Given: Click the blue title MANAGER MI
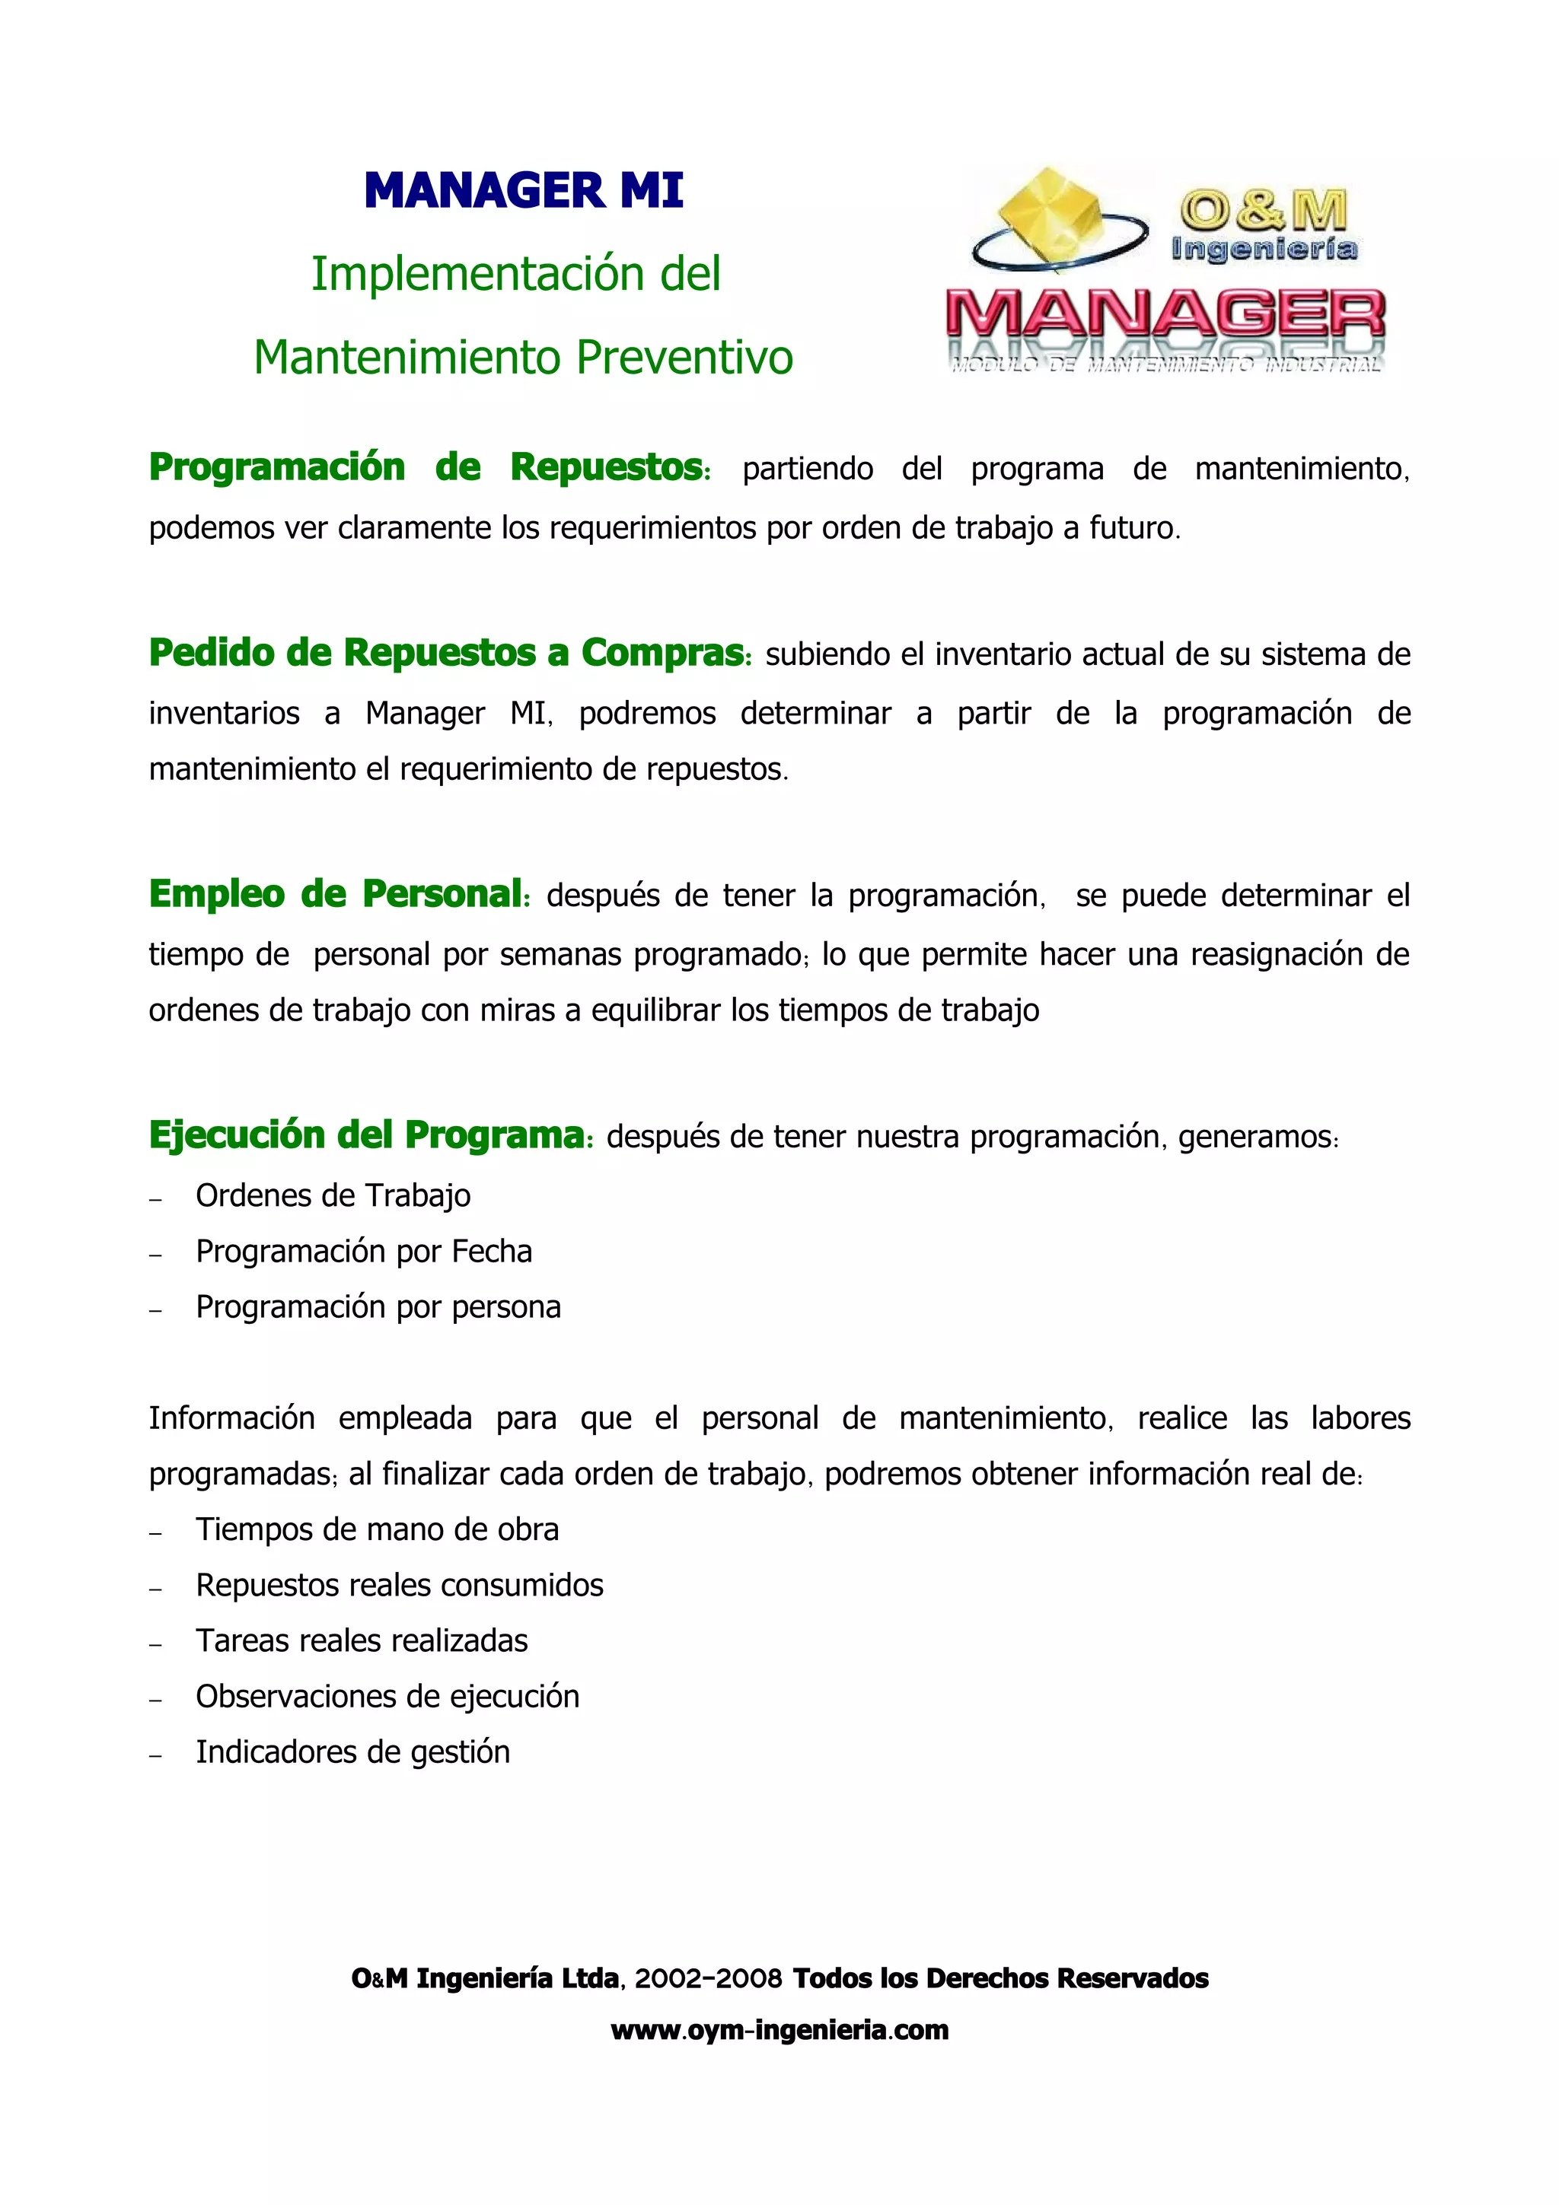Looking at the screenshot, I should click(524, 190).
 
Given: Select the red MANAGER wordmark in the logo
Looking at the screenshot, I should click(1165, 315).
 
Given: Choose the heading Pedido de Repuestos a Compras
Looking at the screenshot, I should click(448, 653).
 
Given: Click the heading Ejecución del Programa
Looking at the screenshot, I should click(368, 1135).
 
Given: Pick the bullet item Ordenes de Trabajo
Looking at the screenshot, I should click(333, 1195).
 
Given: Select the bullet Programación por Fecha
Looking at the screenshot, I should click(363, 1252).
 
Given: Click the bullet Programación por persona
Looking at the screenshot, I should click(378, 1307).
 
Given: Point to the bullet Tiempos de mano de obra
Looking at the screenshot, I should click(377, 1530).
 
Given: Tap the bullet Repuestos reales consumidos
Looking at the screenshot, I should click(399, 1586).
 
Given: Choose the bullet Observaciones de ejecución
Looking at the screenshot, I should click(387, 1697).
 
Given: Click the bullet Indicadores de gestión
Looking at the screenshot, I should click(352, 1753).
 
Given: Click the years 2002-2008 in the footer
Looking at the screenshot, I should click(708, 1978).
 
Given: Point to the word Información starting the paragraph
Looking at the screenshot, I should click(231, 1418).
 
